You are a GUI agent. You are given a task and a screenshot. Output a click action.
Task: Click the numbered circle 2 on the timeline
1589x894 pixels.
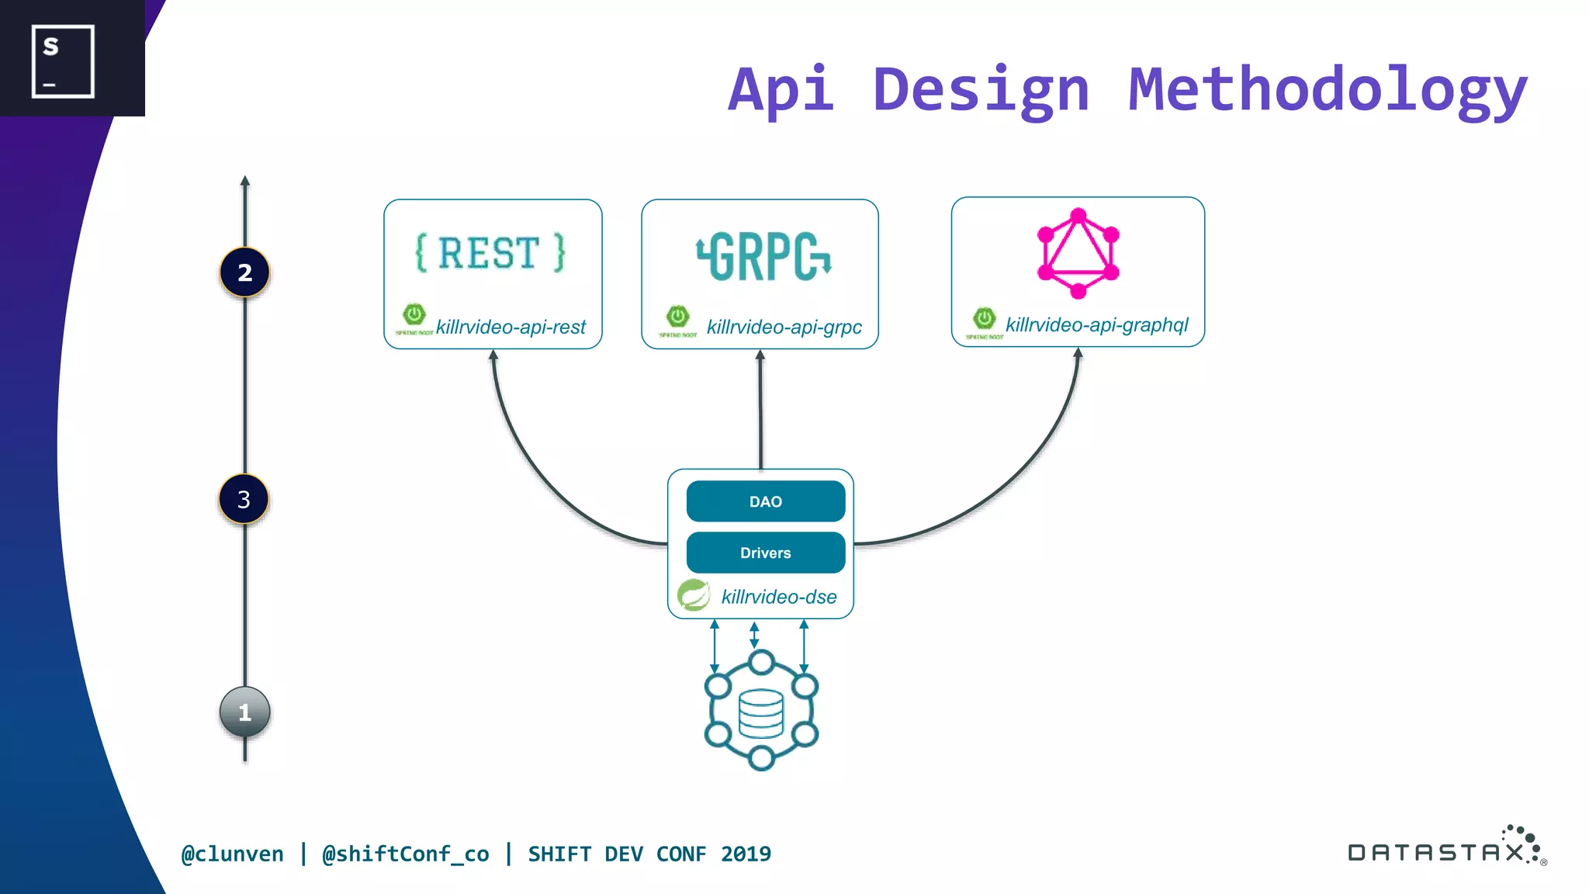coord(244,272)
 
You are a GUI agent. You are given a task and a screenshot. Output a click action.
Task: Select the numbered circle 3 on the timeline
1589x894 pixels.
coord(244,499)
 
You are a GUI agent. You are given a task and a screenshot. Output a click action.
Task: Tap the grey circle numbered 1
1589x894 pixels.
coord(244,712)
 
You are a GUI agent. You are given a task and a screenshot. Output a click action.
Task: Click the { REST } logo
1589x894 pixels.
coord(490,253)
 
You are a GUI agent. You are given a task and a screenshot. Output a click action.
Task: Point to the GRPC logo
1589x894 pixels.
coord(763,256)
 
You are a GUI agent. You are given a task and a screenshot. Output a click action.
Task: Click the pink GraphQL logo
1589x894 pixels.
coord(1078,253)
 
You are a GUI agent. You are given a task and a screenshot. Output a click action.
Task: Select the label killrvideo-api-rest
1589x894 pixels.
coord(511,327)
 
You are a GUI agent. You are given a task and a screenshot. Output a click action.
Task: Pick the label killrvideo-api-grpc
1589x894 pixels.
coord(784,327)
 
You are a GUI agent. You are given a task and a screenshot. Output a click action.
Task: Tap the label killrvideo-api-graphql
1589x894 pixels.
coord(1096,324)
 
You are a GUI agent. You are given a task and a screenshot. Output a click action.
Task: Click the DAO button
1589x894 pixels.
coord(765,501)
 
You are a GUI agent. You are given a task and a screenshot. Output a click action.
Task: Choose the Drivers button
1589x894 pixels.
coord(765,553)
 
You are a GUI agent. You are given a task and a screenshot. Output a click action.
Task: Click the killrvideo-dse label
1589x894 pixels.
coord(778,597)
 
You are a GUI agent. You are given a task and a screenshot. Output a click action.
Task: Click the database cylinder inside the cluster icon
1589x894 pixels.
coord(761,713)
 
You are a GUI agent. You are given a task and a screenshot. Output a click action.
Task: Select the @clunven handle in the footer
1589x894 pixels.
coord(232,854)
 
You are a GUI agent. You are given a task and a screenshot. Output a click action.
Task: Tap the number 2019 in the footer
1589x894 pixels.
coord(746,854)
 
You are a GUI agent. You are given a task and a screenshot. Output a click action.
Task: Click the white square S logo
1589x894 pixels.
coord(63,61)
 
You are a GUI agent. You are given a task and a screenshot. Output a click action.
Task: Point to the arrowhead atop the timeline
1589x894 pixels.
coord(245,181)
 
